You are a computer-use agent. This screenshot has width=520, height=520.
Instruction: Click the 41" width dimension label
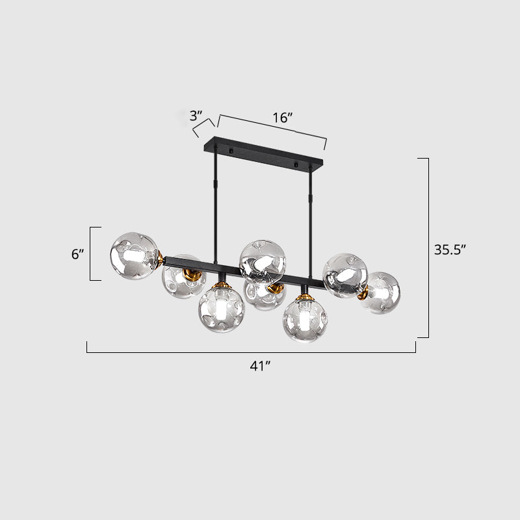(x=260, y=366)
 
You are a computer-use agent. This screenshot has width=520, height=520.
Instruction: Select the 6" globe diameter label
(x=78, y=254)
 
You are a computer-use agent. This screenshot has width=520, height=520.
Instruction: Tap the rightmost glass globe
(x=380, y=292)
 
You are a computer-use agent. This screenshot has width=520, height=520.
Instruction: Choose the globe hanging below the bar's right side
(x=305, y=318)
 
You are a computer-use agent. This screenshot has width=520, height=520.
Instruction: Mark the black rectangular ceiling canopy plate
(x=264, y=153)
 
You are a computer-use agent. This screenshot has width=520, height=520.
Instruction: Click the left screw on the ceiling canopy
(x=229, y=152)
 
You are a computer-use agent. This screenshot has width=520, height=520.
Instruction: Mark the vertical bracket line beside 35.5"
(x=428, y=248)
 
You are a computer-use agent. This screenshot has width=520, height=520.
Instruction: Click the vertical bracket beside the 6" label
(x=91, y=253)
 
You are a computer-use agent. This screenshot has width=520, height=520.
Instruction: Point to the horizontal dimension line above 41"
(x=251, y=352)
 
